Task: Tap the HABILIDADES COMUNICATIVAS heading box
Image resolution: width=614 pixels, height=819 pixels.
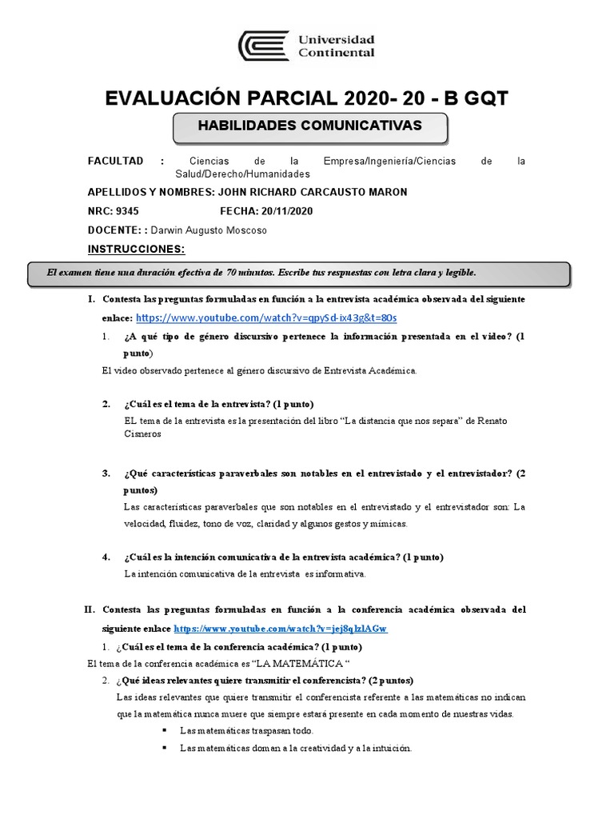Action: click(x=309, y=126)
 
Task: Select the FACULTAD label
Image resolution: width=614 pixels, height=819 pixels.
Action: click(x=115, y=161)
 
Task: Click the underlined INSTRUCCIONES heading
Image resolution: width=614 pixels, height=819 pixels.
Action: click(x=136, y=249)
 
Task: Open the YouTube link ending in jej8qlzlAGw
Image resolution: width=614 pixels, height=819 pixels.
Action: click(x=280, y=629)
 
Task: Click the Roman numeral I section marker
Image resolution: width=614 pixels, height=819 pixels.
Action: click(x=91, y=299)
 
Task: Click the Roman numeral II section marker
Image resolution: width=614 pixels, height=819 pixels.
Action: click(x=90, y=609)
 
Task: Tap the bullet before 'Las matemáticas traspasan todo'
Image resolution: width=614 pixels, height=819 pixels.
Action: click(x=164, y=730)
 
